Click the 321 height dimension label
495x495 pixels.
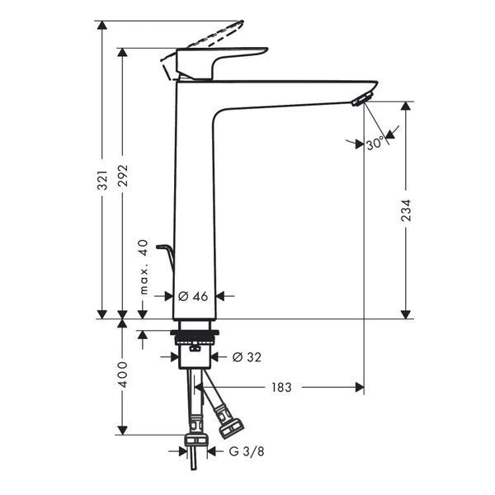coord(102,181)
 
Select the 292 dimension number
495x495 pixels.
coord(123,176)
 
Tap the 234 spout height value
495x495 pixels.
coord(406,210)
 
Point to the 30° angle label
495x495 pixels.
coord(375,144)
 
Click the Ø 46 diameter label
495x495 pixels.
coord(193,296)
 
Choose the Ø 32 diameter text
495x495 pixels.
coord(247,357)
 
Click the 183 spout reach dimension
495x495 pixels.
coord(281,387)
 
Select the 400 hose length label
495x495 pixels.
coord(122,375)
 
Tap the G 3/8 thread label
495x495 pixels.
coord(247,451)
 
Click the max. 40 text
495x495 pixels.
coord(144,266)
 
